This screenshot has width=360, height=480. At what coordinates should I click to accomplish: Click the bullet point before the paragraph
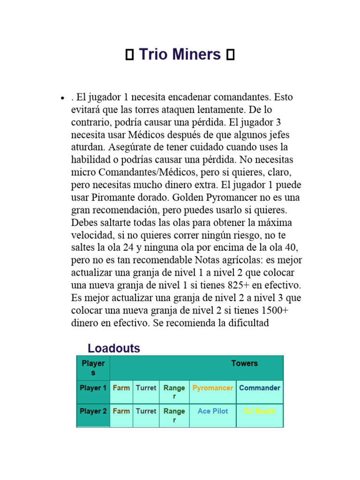tap(62, 98)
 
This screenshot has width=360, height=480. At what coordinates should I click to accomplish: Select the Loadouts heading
tap(114, 348)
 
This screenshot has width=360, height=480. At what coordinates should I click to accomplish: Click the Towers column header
tap(244, 363)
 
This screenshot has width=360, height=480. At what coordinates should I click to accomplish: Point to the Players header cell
tap(93, 368)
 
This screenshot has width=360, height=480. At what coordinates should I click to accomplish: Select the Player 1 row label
tap(93, 388)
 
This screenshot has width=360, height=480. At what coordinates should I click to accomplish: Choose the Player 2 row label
tap(93, 412)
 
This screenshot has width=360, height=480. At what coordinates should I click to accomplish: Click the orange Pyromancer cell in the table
tap(213, 388)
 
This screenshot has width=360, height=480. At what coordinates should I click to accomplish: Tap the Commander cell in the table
tap(260, 388)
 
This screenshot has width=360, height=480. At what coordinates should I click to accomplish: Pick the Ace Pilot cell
tap(213, 411)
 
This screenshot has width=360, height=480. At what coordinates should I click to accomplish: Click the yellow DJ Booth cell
tap(260, 411)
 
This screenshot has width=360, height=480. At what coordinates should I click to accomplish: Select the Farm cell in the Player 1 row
tap(121, 388)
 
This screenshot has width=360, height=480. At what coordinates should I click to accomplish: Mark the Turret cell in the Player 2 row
tap(146, 411)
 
